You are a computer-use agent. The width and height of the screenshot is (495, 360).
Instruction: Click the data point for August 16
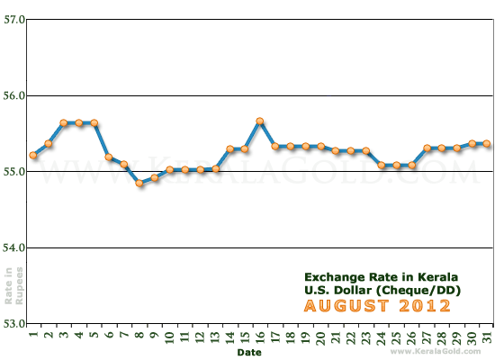point(259,121)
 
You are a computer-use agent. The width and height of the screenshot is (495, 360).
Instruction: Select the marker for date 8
point(139,183)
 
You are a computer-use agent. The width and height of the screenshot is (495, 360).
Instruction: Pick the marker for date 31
point(486,143)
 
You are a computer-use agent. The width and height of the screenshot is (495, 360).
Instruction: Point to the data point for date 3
point(64,122)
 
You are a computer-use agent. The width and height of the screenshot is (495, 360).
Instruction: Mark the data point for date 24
point(382,165)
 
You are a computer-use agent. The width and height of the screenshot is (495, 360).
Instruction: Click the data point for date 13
point(215,168)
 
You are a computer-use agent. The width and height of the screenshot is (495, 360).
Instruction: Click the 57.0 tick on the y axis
point(13,19)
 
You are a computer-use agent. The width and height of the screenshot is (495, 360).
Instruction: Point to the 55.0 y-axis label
point(13,171)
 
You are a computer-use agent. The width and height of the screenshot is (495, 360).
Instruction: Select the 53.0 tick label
point(13,323)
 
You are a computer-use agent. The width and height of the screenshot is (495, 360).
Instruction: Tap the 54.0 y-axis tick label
point(13,247)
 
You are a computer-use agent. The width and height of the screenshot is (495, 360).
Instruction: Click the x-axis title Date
point(250,353)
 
